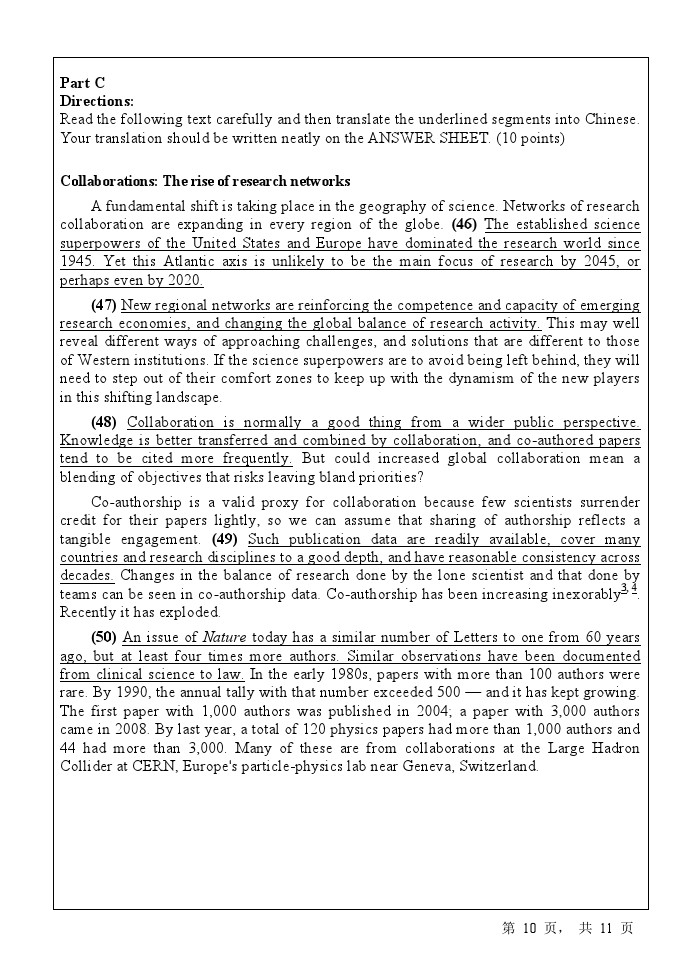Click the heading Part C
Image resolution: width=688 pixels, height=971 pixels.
[x=82, y=83]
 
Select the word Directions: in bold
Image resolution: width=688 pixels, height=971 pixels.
[x=97, y=101]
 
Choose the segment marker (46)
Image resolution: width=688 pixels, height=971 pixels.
[x=464, y=224]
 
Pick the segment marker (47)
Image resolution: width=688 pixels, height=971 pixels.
[x=104, y=305]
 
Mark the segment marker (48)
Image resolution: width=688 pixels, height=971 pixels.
[x=104, y=421]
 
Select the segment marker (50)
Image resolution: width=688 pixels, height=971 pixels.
[x=104, y=637]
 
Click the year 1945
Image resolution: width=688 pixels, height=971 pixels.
[x=77, y=261]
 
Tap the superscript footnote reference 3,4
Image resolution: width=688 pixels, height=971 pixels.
[x=630, y=589]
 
